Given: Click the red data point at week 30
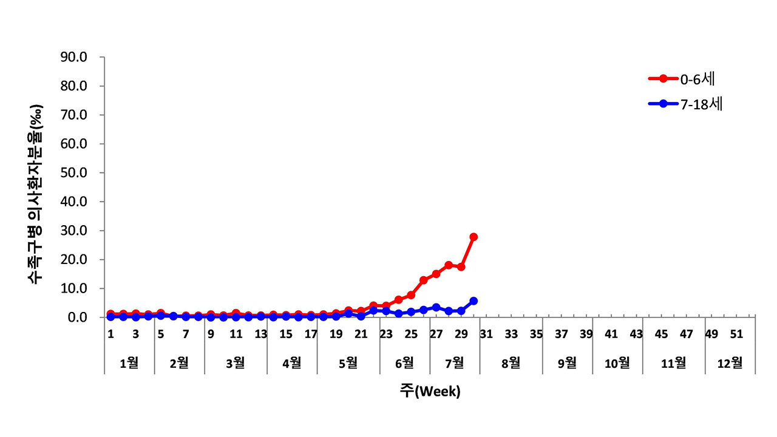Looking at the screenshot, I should click(x=473, y=237).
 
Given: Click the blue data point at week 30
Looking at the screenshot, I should click(x=473, y=301).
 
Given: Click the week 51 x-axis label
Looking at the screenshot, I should click(x=737, y=334).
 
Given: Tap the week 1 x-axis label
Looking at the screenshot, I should click(x=111, y=334).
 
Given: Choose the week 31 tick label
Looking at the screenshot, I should click(x=486, y=334).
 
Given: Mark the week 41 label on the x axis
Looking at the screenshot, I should click(x=611, y=334).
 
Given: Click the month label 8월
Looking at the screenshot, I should click(x=511, y=363).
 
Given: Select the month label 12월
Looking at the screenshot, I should click(x=730, y=363).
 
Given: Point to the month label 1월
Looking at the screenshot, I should click(x=129, y=363).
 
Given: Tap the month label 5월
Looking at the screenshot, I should click(x=348, y=363).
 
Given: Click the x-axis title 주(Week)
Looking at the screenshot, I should click(x=430, y=391).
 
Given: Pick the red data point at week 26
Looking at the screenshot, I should click(x=424, y=280).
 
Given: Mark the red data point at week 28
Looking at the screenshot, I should click(x=449, y=265).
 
